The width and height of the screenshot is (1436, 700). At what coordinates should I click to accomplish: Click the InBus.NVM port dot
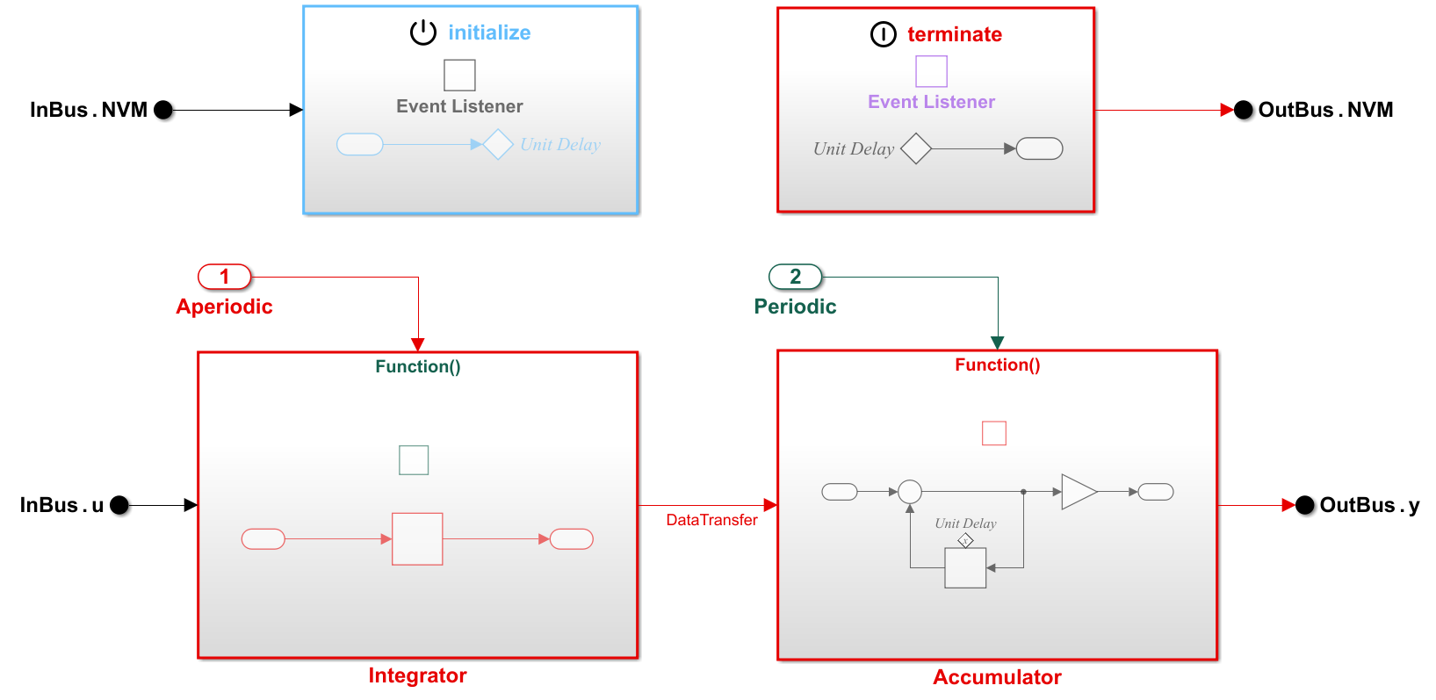[163, 110]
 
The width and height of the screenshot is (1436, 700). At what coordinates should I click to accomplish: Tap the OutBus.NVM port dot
[1244, 110]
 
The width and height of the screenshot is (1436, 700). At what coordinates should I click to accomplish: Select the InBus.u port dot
[119, 505]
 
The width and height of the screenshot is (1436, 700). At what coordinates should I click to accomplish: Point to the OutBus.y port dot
[1305, 505]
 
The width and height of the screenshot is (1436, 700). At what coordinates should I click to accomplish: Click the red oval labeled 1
[225, 277]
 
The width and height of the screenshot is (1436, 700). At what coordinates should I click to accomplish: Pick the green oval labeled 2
[796, 277]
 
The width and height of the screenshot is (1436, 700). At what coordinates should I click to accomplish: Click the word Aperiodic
[224, 307]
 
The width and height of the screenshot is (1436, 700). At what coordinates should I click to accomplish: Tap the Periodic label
[795, 307]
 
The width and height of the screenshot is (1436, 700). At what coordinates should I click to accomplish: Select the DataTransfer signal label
[711, 520]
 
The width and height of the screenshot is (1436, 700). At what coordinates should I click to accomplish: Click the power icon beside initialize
[423, 32]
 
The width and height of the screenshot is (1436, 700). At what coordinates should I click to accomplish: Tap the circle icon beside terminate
[883, 34]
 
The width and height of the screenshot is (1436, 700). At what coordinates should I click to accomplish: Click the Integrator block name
[417, 675]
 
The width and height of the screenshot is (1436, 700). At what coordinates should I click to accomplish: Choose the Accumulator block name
[997, 677]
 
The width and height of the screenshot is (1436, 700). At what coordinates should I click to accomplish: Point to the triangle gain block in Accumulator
[1077, 492]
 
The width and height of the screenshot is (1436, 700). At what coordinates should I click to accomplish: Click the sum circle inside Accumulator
[910, 492]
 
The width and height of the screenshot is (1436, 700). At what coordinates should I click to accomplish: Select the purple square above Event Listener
[931, 71]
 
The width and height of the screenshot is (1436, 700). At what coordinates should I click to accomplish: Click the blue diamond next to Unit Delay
[498, 144]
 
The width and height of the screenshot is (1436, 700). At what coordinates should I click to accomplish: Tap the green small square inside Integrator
[414, 460]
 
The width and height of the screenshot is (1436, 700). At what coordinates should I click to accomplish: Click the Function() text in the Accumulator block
[997, 364]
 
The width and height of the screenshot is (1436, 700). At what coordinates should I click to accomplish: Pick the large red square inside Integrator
[417, 539]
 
